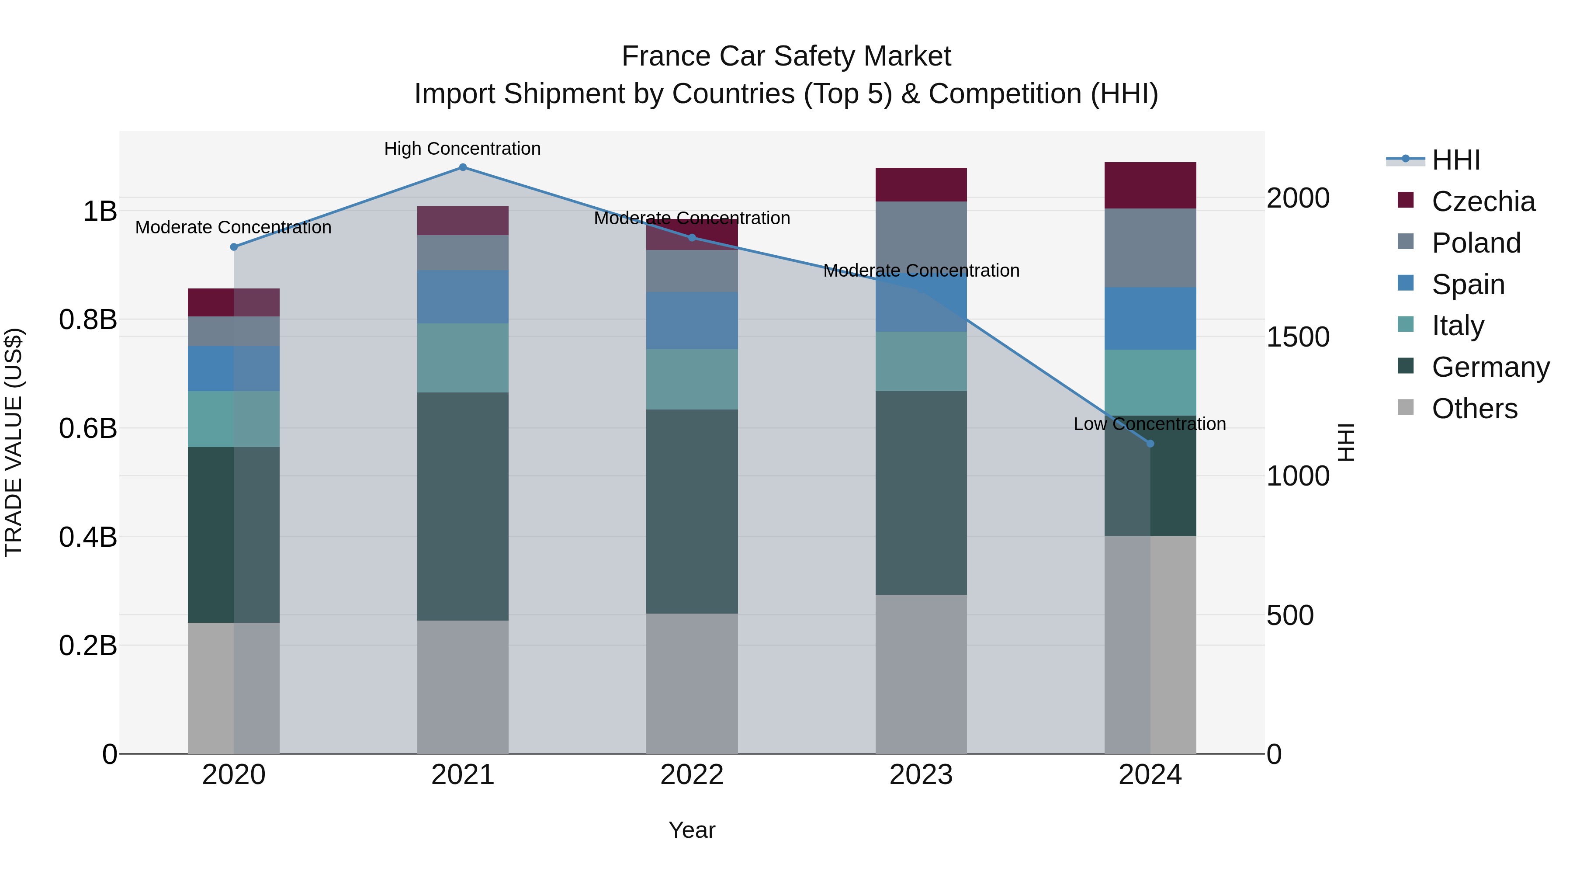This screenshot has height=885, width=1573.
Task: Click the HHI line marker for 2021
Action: (x=462, y=167)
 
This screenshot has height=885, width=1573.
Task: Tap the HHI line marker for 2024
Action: (x=1150, y=444)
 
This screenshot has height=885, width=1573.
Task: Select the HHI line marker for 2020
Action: (x=233, y=247)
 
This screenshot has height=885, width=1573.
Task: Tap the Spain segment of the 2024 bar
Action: (x=1150, y=318)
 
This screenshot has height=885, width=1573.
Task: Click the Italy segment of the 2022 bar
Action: (x=692, y=379)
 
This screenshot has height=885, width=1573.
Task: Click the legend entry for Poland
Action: (x=1475, y=243)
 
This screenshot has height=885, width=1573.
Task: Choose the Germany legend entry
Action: (x=1490, y=367)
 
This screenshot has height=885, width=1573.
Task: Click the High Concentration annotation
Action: (x=462, y=149)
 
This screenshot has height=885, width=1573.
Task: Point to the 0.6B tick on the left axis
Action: (x=87, y=428)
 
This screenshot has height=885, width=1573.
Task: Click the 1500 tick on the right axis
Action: (x=1298, y=337)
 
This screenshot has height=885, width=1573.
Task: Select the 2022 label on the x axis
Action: (x=692, y=775)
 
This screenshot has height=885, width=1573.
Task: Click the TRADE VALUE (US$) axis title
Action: (x=14, y=442)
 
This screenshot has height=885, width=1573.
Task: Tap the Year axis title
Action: (x=692, y=830)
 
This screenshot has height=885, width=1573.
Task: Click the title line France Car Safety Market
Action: (x=786, y=56)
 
